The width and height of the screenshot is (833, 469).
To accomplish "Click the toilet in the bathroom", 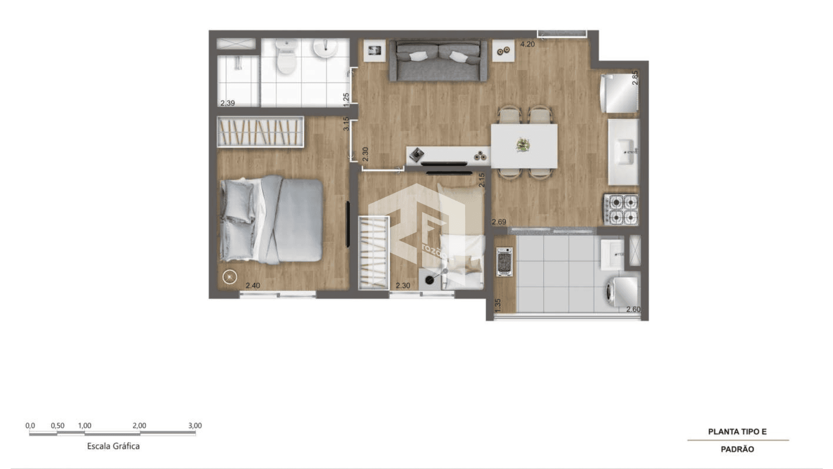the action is [286, 56].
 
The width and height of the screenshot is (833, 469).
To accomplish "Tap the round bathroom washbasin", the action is [325, 49].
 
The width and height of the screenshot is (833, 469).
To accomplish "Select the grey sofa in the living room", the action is [438, 61].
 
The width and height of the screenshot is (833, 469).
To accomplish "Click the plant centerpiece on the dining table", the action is [523, 145].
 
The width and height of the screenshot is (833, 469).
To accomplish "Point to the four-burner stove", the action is [621, 209].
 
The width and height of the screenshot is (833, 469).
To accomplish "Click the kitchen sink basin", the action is [625, 152].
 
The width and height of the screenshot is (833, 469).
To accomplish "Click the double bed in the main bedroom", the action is [271, 220].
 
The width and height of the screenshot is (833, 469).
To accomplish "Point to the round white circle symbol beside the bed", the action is [230, 277].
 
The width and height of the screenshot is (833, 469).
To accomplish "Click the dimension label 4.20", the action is [528, 44].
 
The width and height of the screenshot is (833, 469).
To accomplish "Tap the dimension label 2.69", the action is [499, 222].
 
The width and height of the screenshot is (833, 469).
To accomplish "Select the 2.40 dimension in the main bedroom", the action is [253, 286].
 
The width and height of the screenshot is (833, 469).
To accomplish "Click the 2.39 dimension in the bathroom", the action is [228, 103].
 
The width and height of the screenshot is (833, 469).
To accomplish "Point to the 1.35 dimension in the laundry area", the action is [498, 305].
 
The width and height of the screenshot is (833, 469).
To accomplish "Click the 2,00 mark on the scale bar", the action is [139, 426].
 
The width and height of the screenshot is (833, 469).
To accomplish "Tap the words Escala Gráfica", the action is [113, 446].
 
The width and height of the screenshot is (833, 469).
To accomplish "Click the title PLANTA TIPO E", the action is [738, 432].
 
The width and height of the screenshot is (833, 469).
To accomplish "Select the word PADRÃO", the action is [738, 449].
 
